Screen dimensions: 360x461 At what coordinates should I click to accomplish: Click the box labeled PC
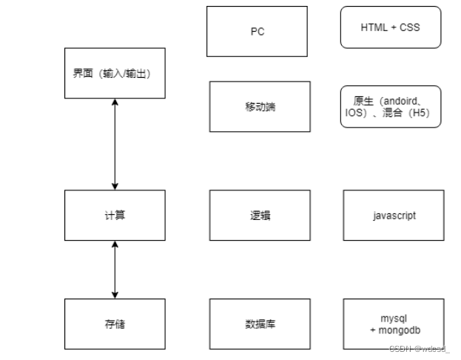(257, 32)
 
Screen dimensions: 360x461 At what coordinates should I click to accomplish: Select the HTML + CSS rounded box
(391, 27)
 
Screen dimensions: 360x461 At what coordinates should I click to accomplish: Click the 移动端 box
(260, 107)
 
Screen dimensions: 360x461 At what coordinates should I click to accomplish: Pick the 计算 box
(115, 215)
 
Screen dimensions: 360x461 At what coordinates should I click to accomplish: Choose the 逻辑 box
(260, 215)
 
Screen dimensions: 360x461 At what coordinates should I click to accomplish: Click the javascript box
(394, 215)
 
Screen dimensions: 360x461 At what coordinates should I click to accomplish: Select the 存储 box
(115, 324)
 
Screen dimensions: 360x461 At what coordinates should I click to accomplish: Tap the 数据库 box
(260, 324)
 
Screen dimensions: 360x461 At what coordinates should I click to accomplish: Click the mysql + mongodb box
(394, 324)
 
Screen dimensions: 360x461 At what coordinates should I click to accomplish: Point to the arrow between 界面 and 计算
(115, 144)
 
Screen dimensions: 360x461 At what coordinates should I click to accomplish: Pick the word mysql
(394, 318)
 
